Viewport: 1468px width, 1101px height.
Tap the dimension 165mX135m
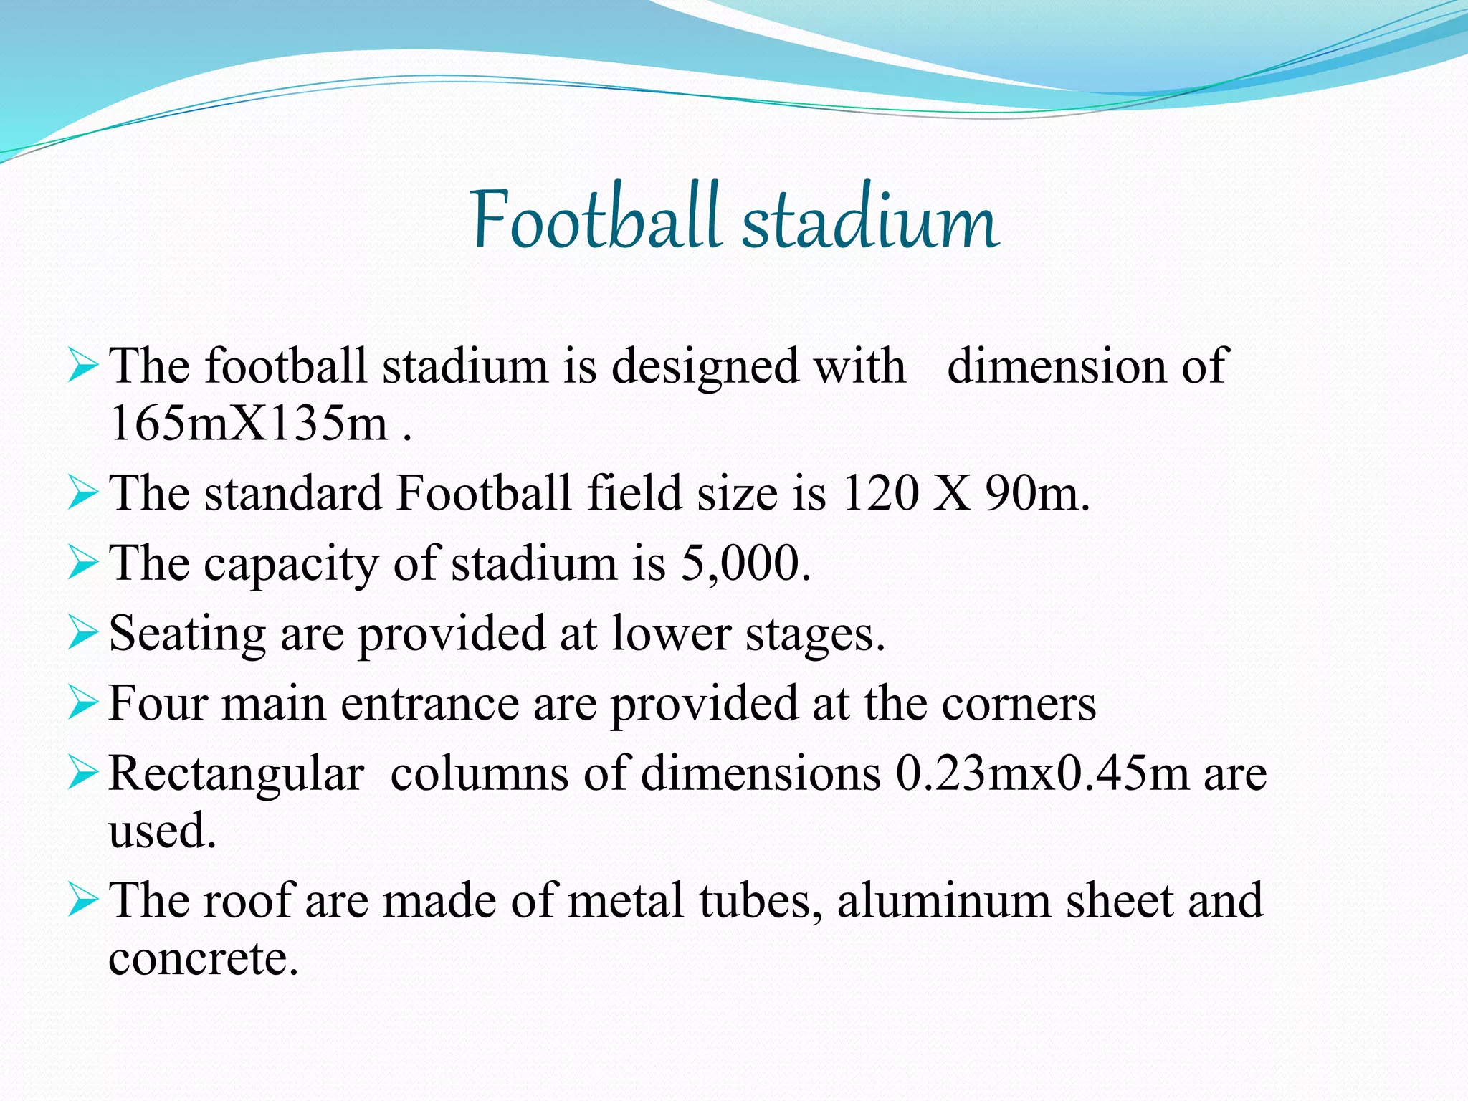click(x=249, y=423)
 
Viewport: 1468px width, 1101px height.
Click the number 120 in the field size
click(x=880, y=493)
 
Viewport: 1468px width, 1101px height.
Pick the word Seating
click(x=187, y=634)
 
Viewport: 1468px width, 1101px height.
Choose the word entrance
click(x=429, y=703)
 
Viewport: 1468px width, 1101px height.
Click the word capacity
click(x=290, y=564)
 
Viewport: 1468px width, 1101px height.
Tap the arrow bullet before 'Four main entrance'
click(x=82, y=702)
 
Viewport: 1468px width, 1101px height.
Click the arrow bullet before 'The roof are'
click(x=82, y=900)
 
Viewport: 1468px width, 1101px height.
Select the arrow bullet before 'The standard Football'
click(x=82, y=494)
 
